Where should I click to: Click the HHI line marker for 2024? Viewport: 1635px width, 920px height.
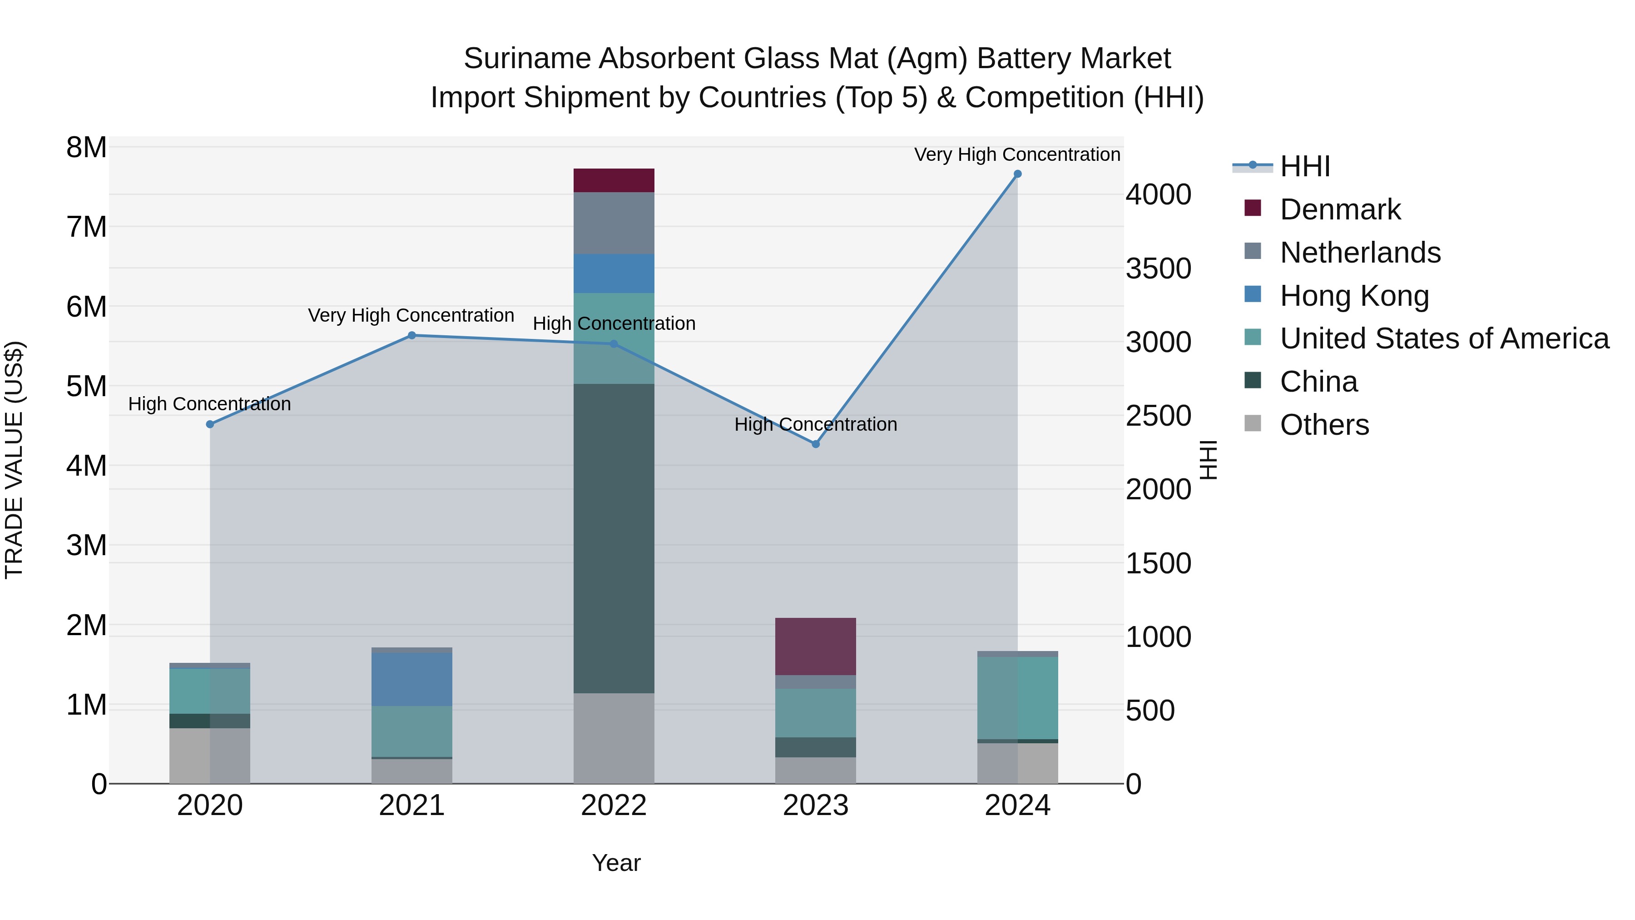tap(1017, 174)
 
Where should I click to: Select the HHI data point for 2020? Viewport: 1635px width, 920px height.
tap(210, 424)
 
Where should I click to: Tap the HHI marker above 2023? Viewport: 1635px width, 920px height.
tap(816, 444)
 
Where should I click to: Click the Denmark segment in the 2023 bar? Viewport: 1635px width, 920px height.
tap(816, 646)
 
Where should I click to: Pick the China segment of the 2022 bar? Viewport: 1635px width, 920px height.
tap(614, 538)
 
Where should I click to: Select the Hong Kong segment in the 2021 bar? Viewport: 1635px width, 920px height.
tap(412, 679)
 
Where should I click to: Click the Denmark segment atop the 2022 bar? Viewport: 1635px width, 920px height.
tap(614, 180)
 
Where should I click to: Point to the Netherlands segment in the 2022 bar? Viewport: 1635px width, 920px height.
tap(614, 223)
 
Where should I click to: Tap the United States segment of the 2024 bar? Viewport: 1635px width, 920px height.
tap(1017, 698)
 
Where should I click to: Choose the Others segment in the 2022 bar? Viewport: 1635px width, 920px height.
tap(614, 738)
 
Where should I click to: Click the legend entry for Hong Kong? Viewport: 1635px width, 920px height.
tap(1353, 296)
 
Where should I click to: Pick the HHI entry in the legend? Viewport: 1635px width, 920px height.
tap(1304, 166)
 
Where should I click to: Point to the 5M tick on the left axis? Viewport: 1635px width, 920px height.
tap(86, 386)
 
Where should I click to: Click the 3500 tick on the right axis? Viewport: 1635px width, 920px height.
tap(1158, 269)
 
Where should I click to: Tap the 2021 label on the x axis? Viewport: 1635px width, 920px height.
tap(412, 806)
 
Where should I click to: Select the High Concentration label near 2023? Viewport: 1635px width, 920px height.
tap(816, 424)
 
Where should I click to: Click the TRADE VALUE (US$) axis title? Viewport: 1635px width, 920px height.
tap(14, 460)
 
